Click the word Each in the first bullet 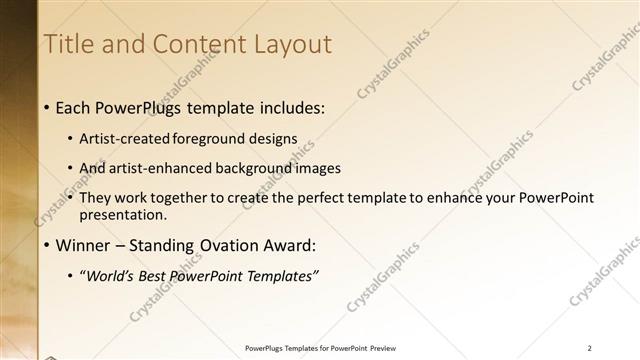click(74, 107)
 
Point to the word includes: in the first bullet click(290, 107)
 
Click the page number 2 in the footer click(590, 348)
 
